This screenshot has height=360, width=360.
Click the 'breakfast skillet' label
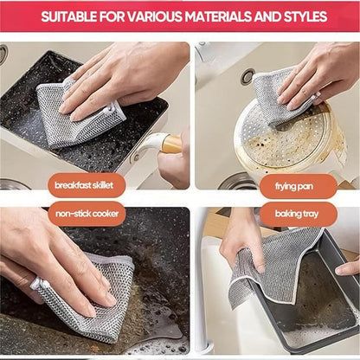click(87, 185)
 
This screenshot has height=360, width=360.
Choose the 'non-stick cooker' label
click(87, 213)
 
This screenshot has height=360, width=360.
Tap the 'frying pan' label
click(299, 185)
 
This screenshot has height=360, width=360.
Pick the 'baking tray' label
click(299, 213)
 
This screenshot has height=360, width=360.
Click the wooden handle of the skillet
click(170, 143)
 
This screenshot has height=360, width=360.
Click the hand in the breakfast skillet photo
click(130, 74)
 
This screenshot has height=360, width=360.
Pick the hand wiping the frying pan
click(325, 74)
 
